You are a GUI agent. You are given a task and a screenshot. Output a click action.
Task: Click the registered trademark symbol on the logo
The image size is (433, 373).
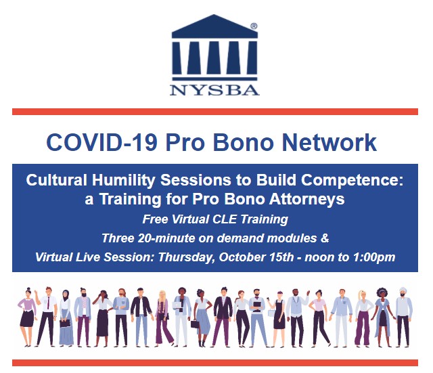pos(254,26)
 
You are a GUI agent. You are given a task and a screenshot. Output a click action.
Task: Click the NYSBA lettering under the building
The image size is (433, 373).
pos(214,90)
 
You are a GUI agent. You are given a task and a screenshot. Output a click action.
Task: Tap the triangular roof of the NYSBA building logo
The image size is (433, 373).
pos(214,26)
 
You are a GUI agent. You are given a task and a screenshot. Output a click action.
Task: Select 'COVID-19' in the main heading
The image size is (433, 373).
pos(102,143)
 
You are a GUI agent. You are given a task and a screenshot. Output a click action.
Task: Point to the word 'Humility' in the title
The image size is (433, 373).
pos(123,181)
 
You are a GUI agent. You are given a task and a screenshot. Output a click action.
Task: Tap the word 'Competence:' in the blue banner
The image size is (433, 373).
pos(352,181)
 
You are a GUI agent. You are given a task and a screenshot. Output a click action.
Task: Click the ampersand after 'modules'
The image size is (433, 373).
pos(325,238)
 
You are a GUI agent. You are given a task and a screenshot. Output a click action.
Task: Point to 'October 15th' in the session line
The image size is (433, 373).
pos(256,257)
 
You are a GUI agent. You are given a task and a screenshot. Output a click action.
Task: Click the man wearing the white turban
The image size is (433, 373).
pos(403,316)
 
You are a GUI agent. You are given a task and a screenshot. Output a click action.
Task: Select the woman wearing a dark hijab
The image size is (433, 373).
pos(66,317)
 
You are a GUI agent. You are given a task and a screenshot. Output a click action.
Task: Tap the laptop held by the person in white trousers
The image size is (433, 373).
pos(177,305)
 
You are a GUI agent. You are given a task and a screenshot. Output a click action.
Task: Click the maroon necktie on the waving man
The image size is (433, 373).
pos(49,303)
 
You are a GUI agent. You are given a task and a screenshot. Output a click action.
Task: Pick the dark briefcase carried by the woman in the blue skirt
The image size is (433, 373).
pos(195,324)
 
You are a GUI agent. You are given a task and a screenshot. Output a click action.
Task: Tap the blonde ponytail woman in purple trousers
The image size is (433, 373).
pos(363,317)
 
